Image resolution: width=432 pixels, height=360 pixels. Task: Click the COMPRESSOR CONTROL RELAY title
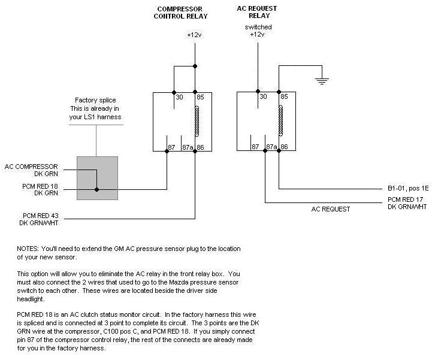pos(182,12)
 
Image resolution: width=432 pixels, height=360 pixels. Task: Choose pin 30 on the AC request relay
pos(262,96)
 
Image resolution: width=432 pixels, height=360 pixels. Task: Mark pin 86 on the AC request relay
pos(284,147)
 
